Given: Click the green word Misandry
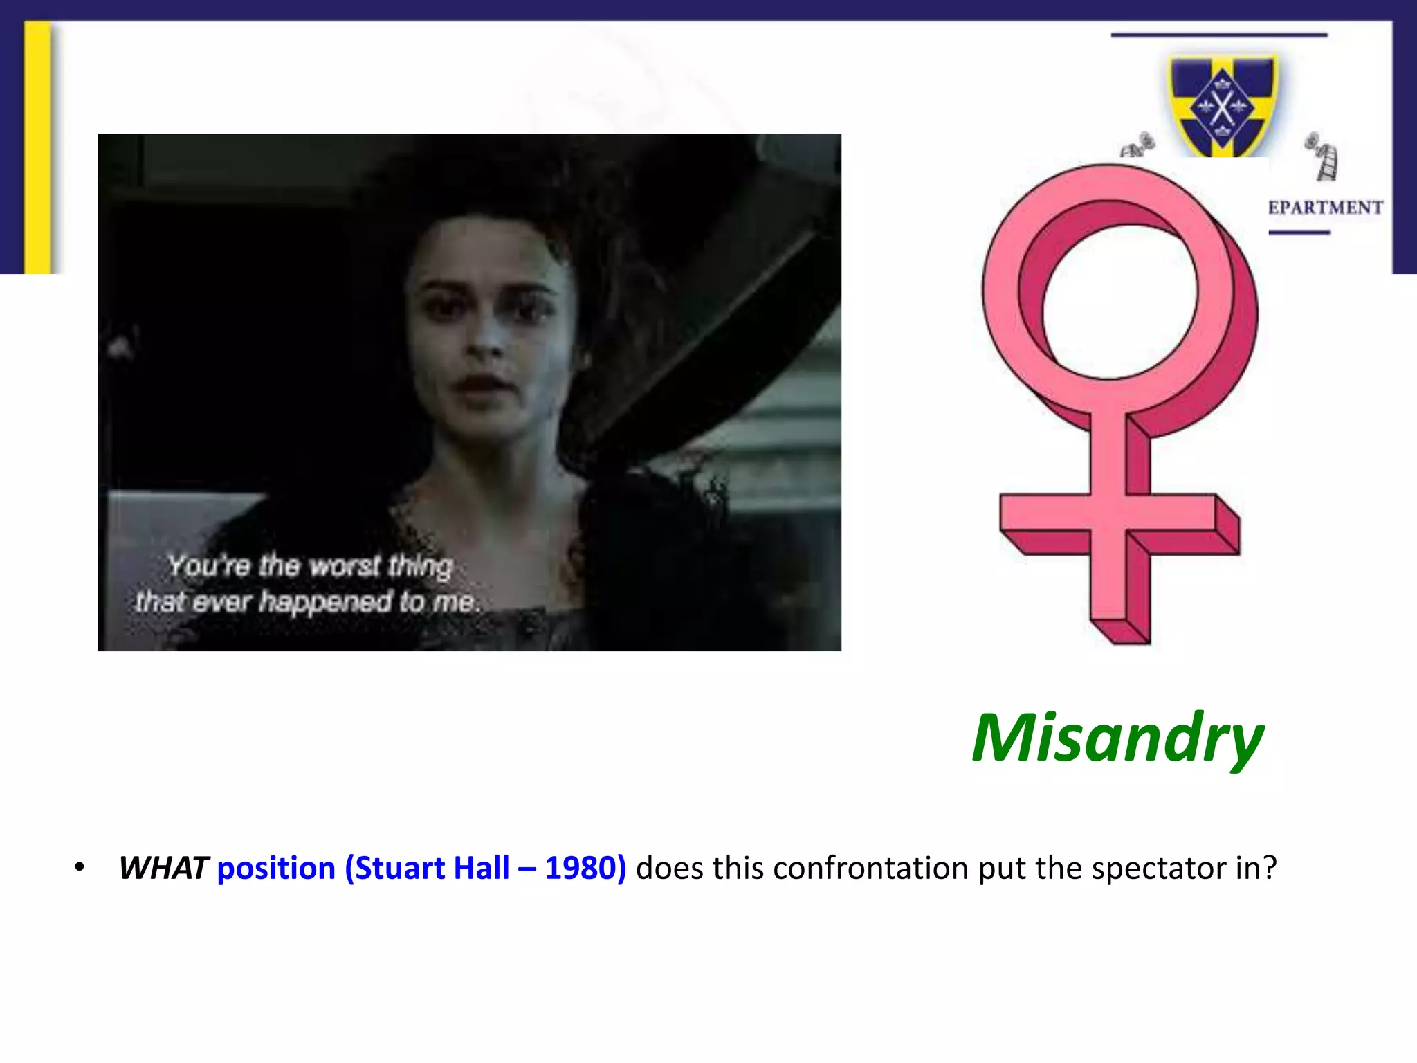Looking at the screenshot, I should coord(1117,738).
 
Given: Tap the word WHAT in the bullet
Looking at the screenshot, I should coord(163,868).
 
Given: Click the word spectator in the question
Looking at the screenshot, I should coord(1159,868).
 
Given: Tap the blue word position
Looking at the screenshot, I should coord(276,868).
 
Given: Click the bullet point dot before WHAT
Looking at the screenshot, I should coord(80,867).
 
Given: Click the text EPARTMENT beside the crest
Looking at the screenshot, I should coord(1325,208).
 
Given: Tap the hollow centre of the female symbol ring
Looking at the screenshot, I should coord(1119,302).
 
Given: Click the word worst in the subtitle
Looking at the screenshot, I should coord(345,566).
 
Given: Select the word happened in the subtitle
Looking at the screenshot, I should coord(325,601).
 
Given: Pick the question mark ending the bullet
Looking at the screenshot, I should coord(1270,868).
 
